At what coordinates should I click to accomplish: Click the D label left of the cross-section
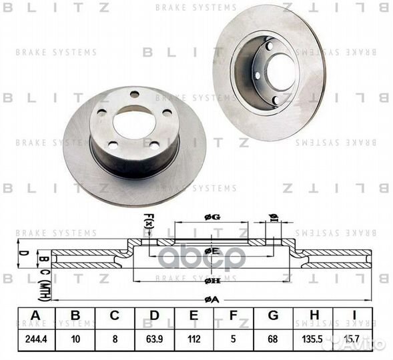click(21, 253)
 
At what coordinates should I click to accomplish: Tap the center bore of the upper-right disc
click(281, 68)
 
